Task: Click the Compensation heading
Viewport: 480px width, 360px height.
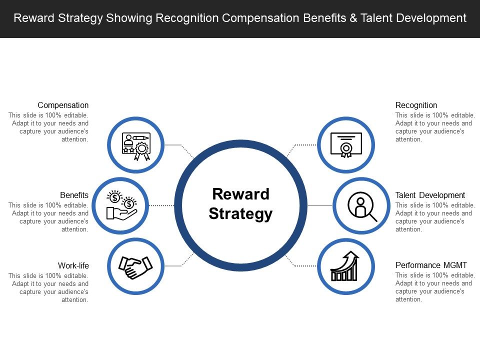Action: [x=63, y=105]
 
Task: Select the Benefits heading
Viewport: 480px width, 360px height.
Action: [x=74, y=195]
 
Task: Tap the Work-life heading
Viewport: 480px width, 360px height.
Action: [x=73, y=265]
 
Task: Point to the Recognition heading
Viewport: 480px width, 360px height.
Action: [x=416, y=105]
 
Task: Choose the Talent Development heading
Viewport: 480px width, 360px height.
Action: [x=430, y=195]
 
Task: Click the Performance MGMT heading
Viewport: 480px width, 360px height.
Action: [x=431, y=265]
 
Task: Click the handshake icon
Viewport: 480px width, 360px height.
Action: [x=135, y=266]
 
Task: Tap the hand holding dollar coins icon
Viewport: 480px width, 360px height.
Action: [x=121, y=205]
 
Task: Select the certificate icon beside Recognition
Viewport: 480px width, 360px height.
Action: [x=345, y=145]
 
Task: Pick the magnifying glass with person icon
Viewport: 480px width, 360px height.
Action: [x=361, y=205]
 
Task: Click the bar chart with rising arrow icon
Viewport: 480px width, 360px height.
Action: [x=345, y=266]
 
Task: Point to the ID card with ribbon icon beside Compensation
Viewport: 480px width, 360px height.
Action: [x=135, y=145]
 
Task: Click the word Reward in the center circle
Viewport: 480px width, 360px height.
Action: [x=240, y=194]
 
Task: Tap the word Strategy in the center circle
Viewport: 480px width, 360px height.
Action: [x=240, y=214]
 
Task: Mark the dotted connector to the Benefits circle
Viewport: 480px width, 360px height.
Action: [x=161, y=205]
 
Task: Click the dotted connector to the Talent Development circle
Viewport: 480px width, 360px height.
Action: [x=320, y=205]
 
